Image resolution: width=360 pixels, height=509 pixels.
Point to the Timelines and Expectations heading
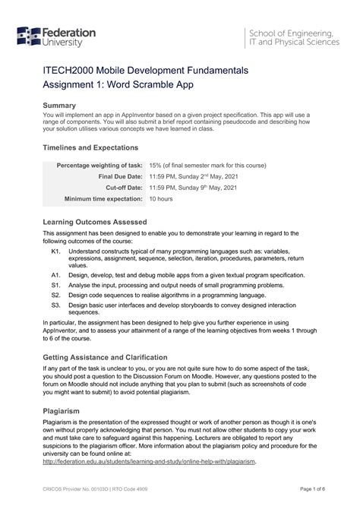(90, 147)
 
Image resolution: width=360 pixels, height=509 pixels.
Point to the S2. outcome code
(56, 296)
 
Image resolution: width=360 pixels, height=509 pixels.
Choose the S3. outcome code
(56, 305)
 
